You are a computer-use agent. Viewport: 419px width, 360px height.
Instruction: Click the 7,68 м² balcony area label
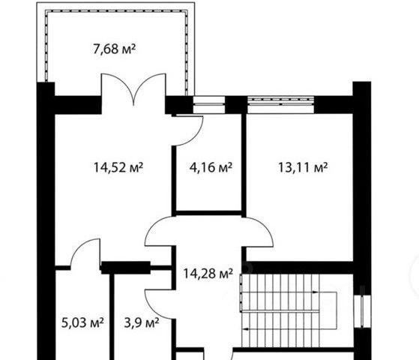(115, 49)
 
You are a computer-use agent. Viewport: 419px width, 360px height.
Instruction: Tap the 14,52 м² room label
(118, 168)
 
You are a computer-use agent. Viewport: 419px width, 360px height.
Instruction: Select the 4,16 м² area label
(211, 168)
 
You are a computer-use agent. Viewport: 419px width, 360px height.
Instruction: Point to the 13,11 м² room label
(303, 168)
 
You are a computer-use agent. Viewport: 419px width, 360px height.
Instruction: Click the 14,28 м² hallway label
(208, 273)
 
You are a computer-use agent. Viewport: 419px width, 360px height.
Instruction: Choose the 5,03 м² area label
(82, 322)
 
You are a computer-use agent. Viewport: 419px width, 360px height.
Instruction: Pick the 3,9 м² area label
(142, 322)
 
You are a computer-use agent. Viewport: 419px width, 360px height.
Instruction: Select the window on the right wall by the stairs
(362, 311)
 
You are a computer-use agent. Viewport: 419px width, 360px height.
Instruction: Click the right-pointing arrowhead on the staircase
(316, 292)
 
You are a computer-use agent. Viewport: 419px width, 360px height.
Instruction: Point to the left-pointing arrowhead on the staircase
(245, 329)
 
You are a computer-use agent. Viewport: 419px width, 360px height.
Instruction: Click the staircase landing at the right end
(328, 310)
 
